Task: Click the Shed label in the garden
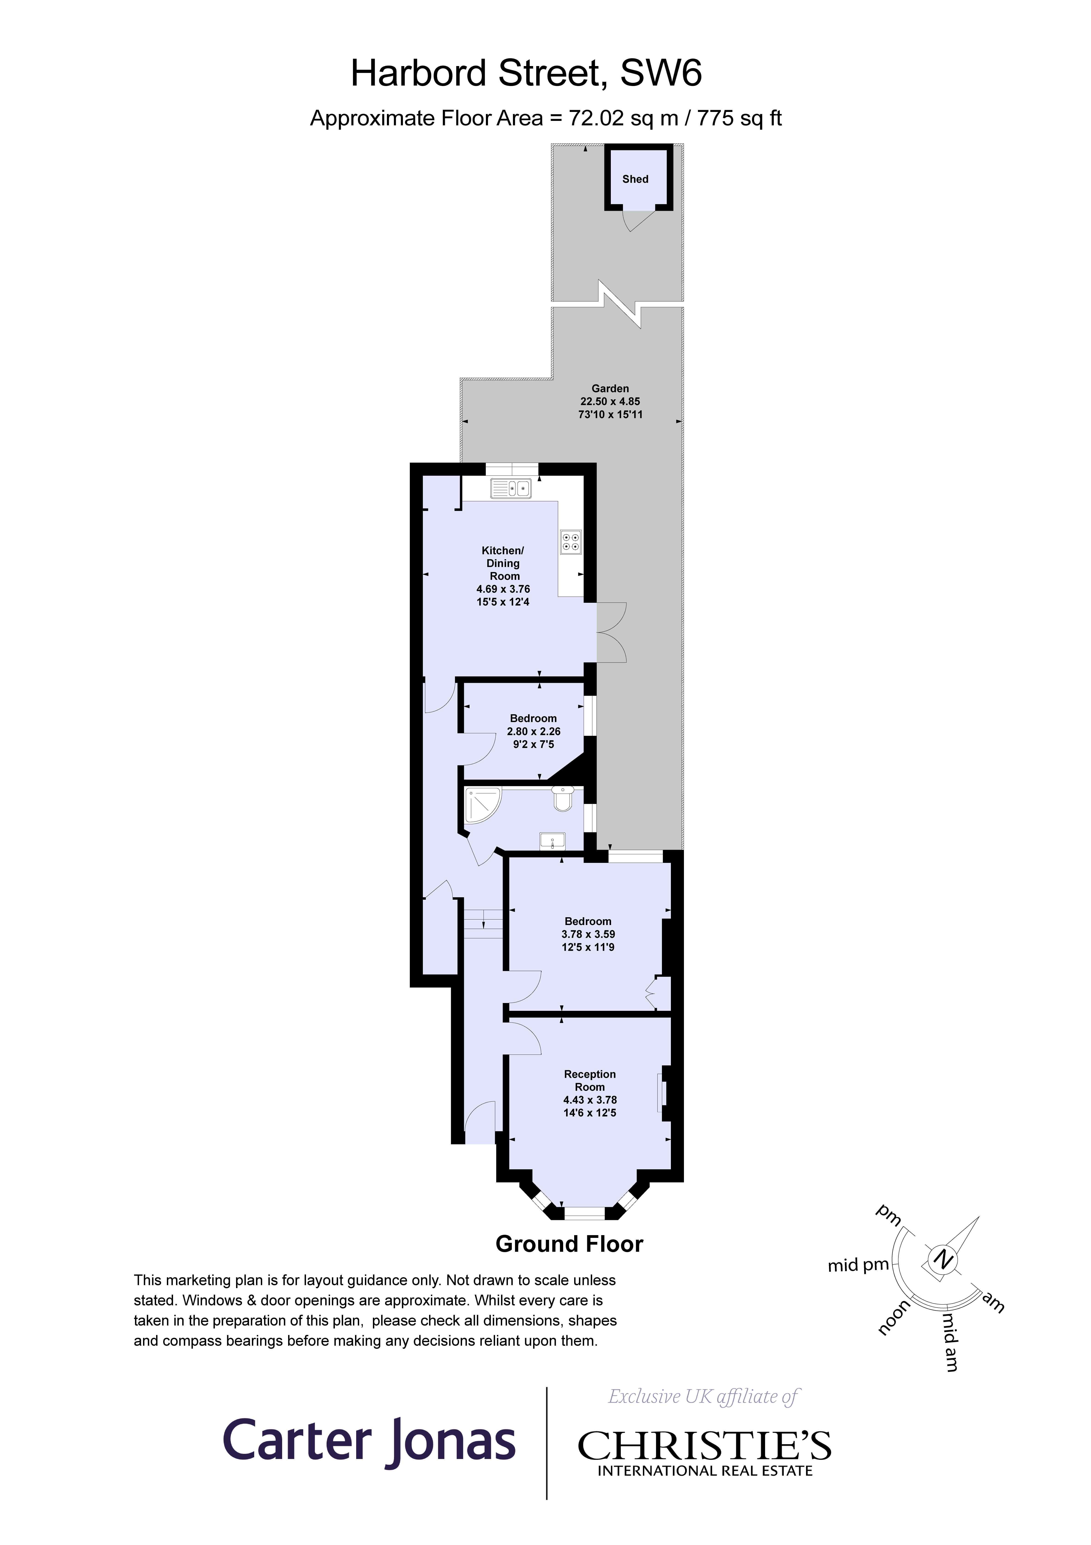[x=635, y=179]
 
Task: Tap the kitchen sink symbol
[x=511, y=489]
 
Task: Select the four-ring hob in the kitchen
[x=570, y=542]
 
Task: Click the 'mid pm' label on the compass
[x=858, y=1265]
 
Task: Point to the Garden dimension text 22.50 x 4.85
[x=610, y=401]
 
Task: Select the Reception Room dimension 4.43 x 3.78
[x=590, y=1100]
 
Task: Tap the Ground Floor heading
[x=569, y=1244]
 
